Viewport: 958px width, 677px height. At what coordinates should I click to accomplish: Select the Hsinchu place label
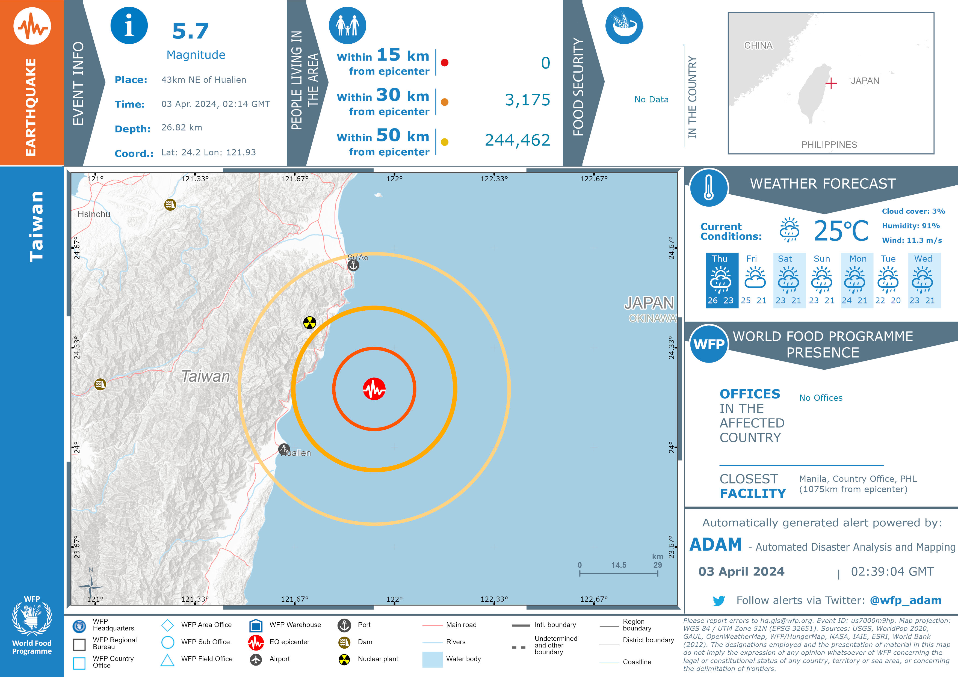(x=94, y=214)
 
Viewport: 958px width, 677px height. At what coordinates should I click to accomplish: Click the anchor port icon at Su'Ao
(x=353, y=265)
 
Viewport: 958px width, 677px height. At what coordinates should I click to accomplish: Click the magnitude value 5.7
(x=190, y=31)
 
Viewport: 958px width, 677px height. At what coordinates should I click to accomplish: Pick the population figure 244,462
(x=518, y=140)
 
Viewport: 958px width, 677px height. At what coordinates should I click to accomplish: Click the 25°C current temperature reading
(x=841, y=231)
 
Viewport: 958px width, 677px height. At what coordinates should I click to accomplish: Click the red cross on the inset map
(x=831, y=84)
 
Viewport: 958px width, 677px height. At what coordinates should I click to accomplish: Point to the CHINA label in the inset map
(x=758, y=46)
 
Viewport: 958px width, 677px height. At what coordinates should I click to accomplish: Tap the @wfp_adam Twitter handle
(x=905, y=600)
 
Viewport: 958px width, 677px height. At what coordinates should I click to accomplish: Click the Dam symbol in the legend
(x=344, y=642)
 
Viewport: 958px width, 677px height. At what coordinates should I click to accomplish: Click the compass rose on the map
(x=91, y=586)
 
